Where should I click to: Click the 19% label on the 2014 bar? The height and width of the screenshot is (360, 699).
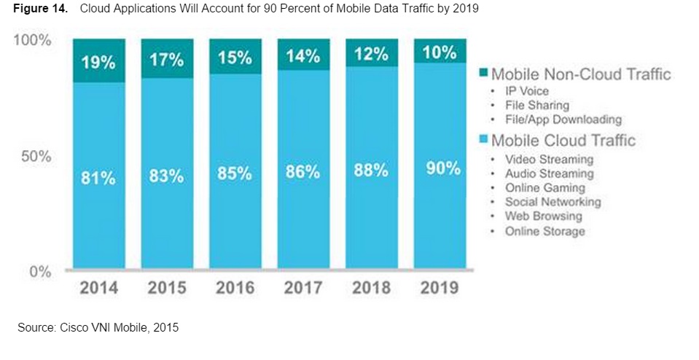(x=99, y=63)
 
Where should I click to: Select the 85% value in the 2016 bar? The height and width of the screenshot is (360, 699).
(x=235, y=173)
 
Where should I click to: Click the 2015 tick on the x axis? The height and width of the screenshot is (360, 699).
(x=167, y=287)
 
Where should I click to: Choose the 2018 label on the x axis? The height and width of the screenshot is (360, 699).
(x=372, y=287)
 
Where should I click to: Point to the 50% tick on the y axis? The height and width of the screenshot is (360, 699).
(x=34, y=157)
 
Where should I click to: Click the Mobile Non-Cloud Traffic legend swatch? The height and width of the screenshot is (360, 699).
(x=483, y=74)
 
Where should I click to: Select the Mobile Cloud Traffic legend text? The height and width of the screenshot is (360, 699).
(x=563, y=140)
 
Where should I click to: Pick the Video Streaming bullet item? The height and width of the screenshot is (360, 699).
(x=549, y=159)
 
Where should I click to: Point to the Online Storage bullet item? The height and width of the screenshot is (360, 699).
(x=544, y=232)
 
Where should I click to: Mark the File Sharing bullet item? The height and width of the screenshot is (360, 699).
(x=536, y=106)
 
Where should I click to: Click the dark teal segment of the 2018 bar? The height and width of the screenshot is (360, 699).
(x=372, y=52)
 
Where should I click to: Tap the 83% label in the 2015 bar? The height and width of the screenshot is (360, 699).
(x=167, y=176)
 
